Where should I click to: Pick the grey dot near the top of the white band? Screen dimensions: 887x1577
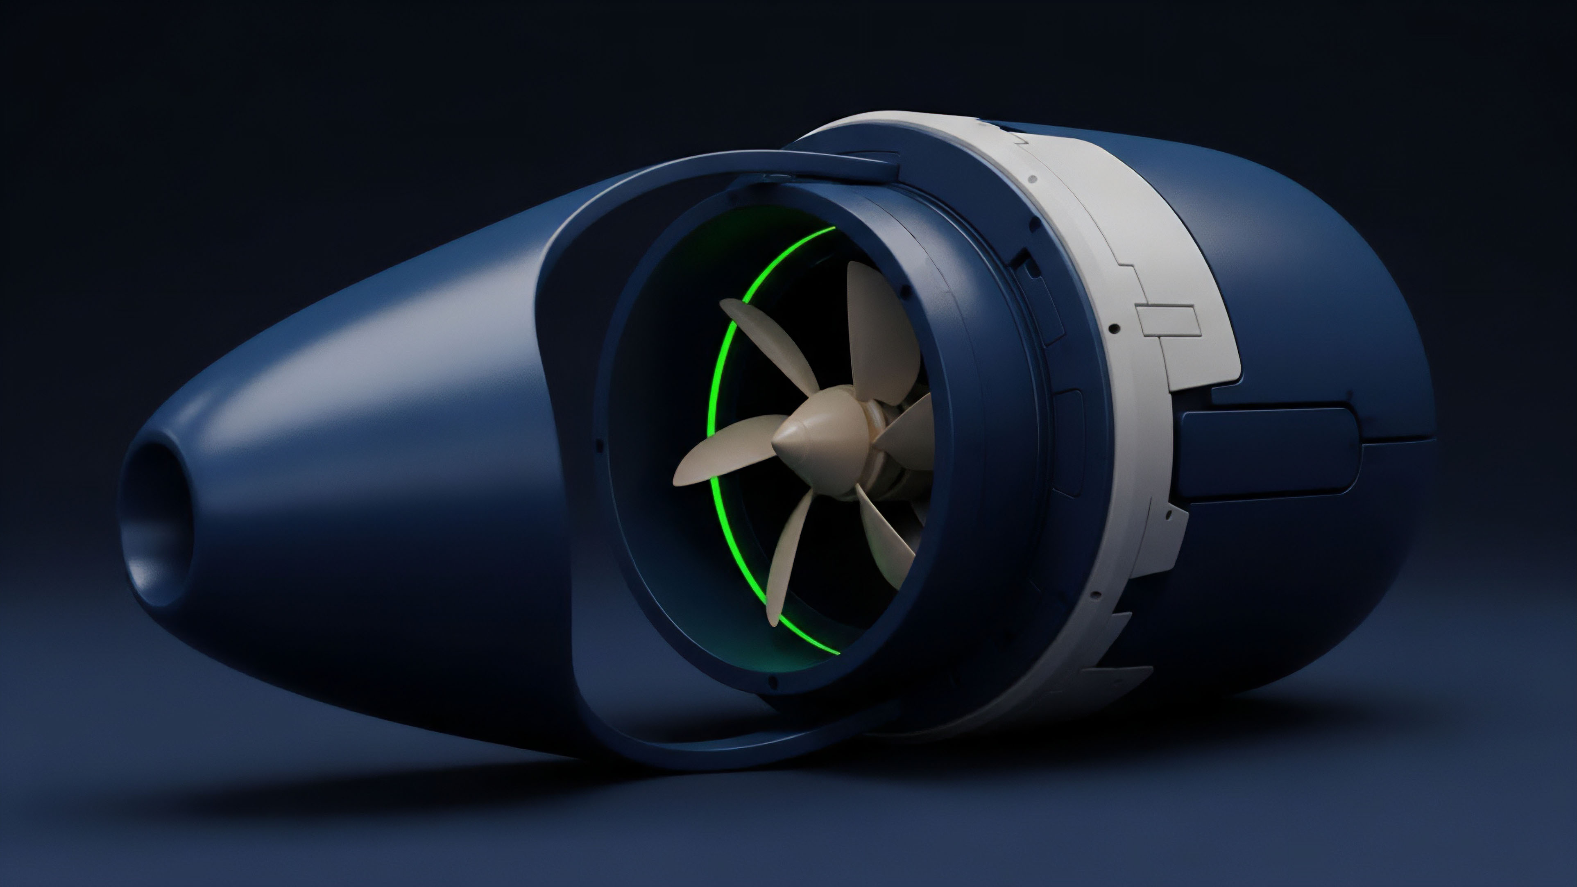pos(1033,179)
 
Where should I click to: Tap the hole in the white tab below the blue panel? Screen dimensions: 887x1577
pos(1169,515)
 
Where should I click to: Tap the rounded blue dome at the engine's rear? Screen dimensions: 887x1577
pos(1347,306)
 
